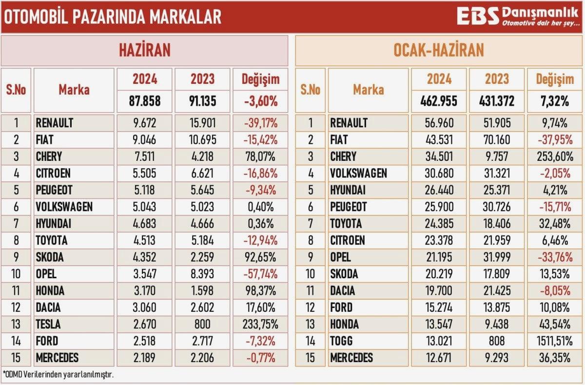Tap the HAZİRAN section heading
pos(145,50)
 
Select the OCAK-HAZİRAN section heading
pos(439,50)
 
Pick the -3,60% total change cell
pos(260,102)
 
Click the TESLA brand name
pos(49,325)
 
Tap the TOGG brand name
pos(343,341)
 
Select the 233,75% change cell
pos(260,325)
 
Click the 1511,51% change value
pos(553,341)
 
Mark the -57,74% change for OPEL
pos(260,274)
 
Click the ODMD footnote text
pos(55,375)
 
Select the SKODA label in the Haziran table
pos(50,257)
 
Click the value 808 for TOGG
pos(496,341)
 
